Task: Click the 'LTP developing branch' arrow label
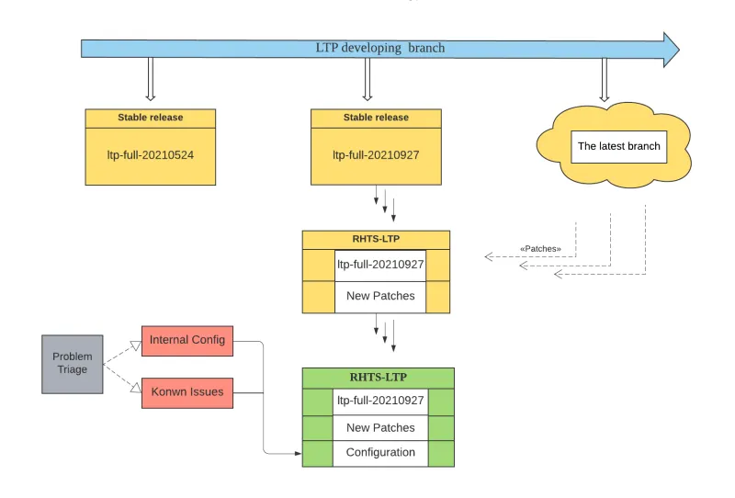pyautogui.click(x=379, y=48)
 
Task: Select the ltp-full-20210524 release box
pyautogui.click(x=151, y=154)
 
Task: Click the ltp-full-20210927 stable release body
pyautogui.click(x=376, y=154)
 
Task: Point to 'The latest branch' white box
pyautogui.click(x=618, y=146)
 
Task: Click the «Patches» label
pyautogui.click(x=540, y=249)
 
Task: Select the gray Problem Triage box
pyautogui.click(x=72, y=364)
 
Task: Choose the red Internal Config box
pyautogui.click(x=187, y=340)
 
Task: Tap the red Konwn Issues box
pyautogui.click(x=187, y=392)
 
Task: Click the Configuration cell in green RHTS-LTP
pyautogui.click(x=380, y=452)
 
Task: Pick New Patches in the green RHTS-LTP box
pyautogui.click(x=380, y=427)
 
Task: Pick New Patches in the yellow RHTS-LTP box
pyautogui.click(x=380, y=296)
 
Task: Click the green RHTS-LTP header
pyautogui.click(x=378, y=377)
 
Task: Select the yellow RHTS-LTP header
pyautogui.click(x=376, y=239)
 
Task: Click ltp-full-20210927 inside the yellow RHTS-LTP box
pyautogui.click(x=380, y=265)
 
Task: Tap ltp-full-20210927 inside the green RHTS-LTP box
pyautogui.click(x=380, y=401)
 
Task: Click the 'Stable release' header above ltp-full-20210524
pyautogui.click(x=151, y=118)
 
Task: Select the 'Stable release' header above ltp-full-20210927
pyautogui.click(x=376, y=118)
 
